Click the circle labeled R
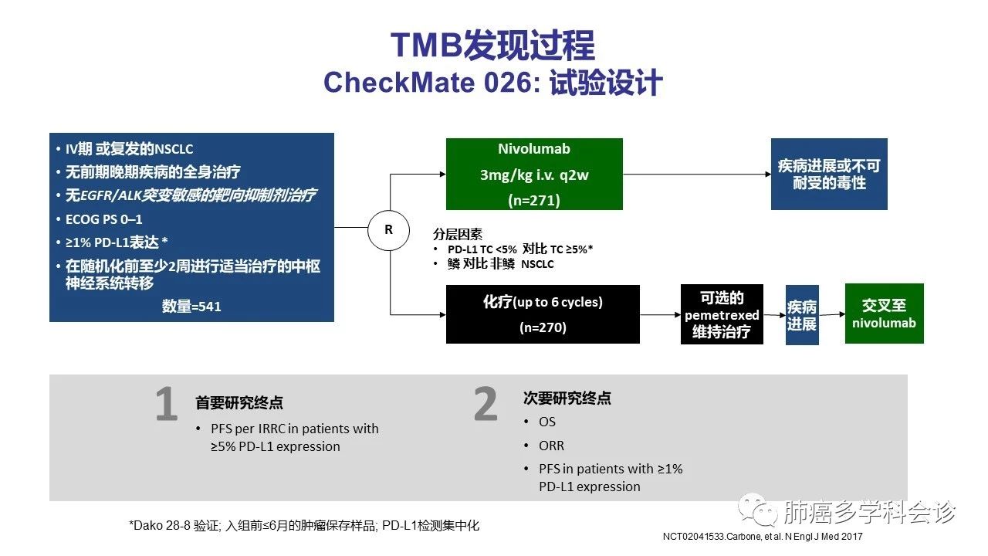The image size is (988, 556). pyautogui.click(x=387, y=229)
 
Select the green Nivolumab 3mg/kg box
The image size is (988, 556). pyautogui.click(x=534, y=175)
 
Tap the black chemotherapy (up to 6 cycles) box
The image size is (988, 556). pyautogui.click(x=543, y=314)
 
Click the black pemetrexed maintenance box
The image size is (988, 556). pyautogui.click(x=722, y=314)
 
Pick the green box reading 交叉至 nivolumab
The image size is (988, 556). pyautogui.click(x=884, y=314)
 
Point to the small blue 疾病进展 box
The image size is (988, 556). pyautogui.click(x=802, y=315)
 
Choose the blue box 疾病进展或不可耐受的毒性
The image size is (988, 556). pyautogui.click(x=829, y=175)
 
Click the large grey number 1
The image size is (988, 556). pyautogui.click(x=166, y=406)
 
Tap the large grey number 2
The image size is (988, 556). pyautogui.click(x=486, y=405)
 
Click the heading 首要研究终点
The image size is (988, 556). pyautogui.click(x=239, y=402)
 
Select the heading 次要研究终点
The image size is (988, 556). pyautogui.click(x=567, y=398)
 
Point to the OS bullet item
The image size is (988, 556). pyautogui.click(x=547, y=422)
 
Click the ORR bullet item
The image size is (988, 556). pyautogui.click(x=551, y=446)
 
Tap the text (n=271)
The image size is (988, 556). pyautogui.click(x=534, y=201)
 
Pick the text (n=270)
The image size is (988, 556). pyautogui.click(x=543, y=327)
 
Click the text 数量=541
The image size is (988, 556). pyautogui.click(x=191, y=307)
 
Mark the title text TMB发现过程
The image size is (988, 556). pyautogui.click(x=492, y=46)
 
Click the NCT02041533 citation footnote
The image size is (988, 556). pyautogui.click(x=762, y=536)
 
